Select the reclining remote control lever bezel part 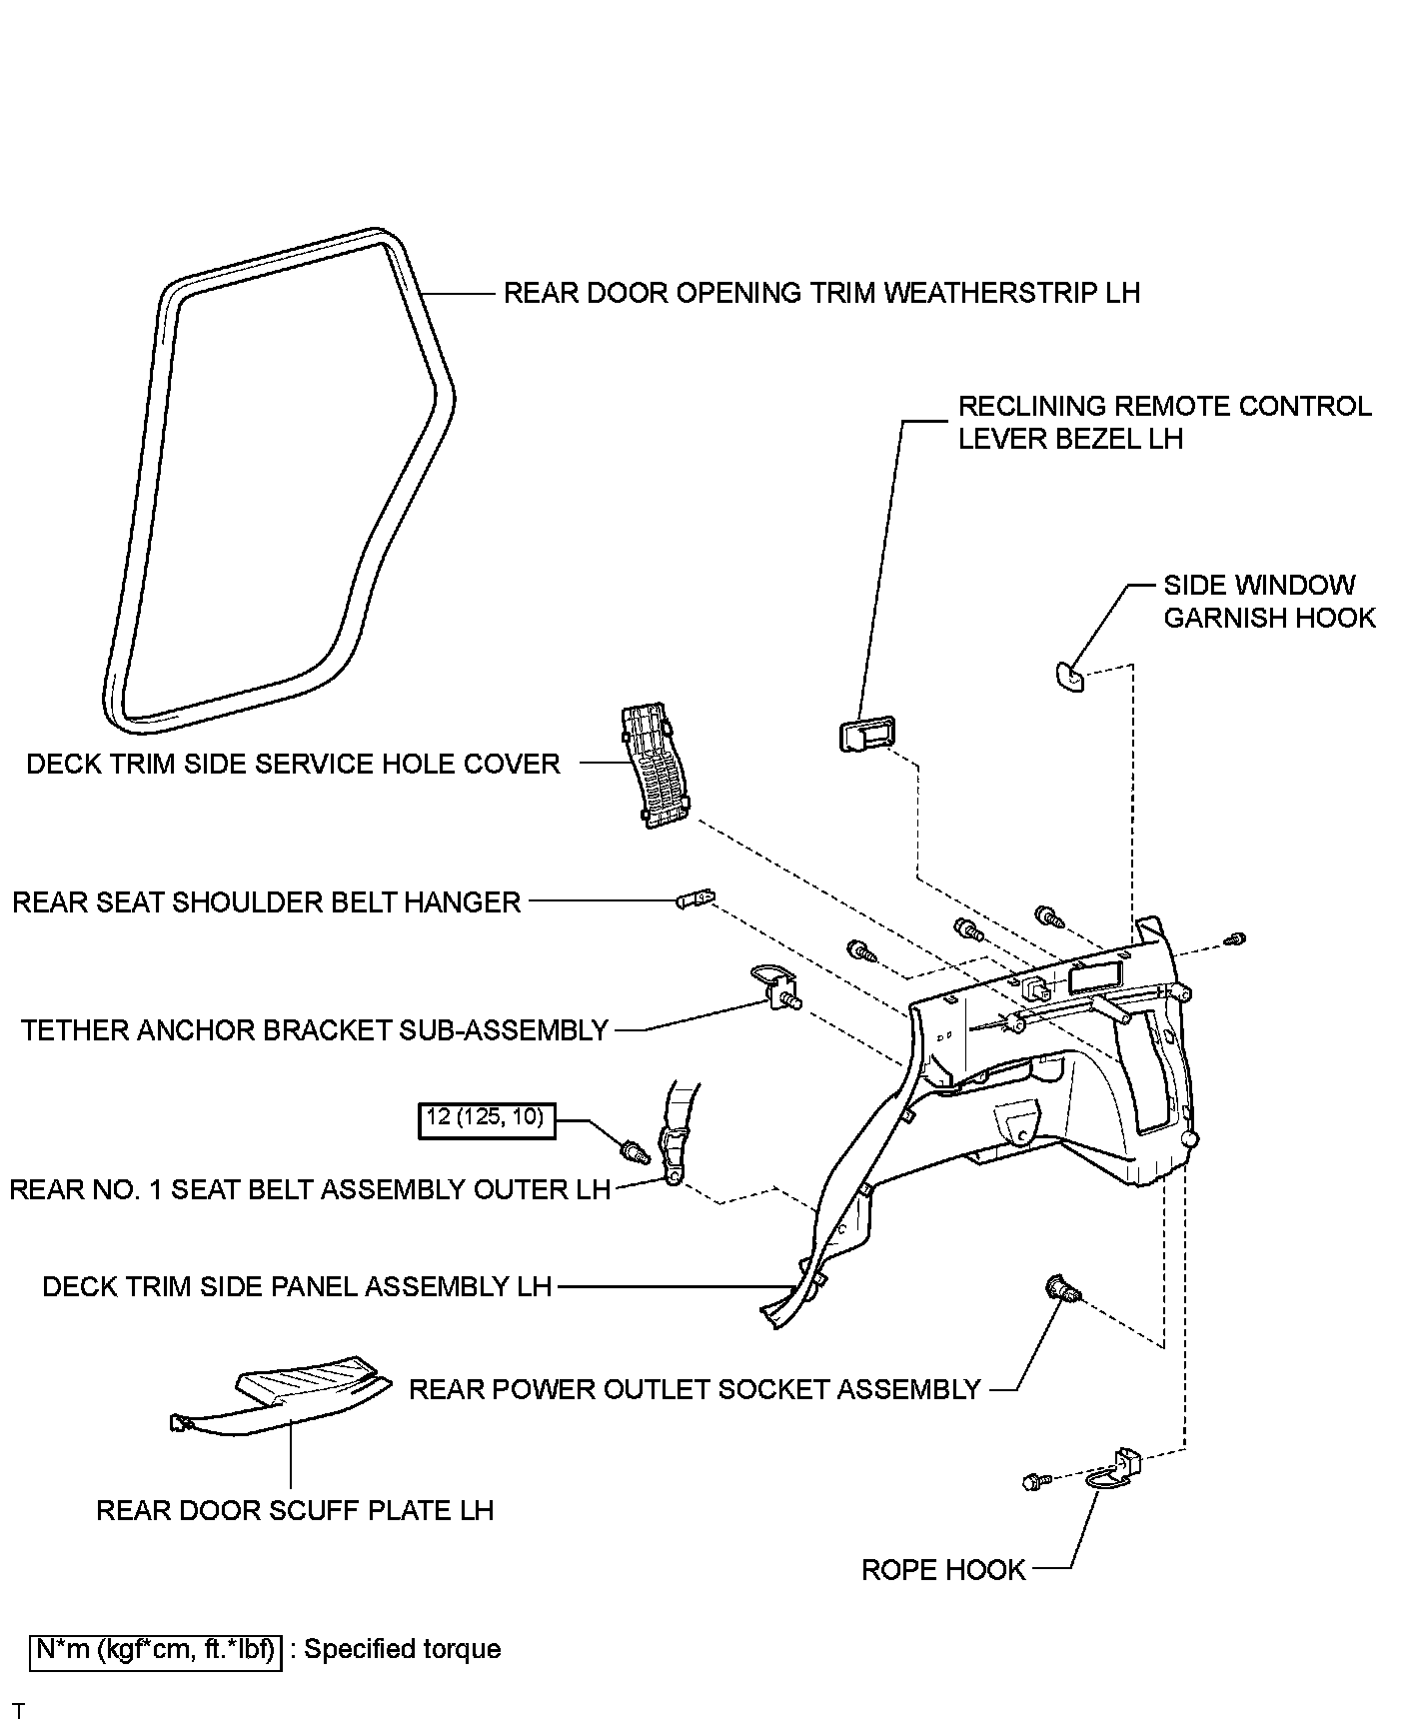(864, 735)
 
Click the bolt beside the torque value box (635, 1149)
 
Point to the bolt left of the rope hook (1035, 1481)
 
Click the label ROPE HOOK (943, 1570)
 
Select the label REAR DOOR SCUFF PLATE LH (295, 1510)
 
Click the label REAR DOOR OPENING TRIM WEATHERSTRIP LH (821, 293)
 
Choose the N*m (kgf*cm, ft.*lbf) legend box (156, 1649)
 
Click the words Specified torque (402, 1649)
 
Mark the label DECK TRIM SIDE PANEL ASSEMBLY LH (297, 1286)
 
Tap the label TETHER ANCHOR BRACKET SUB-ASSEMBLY (315, 1030)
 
